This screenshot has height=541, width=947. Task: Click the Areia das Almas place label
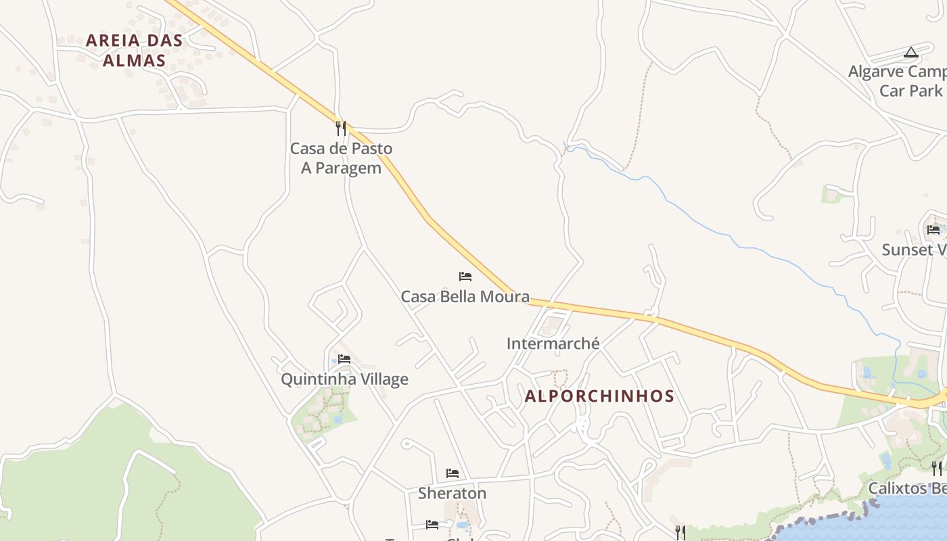[x=134, y=50]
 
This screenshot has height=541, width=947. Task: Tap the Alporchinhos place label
[x=599, y=396]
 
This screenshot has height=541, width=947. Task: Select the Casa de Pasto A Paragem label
[x=341, y=158]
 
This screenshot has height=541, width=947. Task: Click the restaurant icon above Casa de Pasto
[x=341, y=128]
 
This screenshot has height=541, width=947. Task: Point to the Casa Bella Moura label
[x=465, y=296]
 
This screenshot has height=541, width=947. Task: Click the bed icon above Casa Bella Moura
[x=465, y=276]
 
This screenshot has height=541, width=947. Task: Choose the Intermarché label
[x=553, y=344]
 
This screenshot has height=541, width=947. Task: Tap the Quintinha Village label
[x=344, y=379]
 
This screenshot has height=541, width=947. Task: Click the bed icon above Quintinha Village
[x=344, y=358]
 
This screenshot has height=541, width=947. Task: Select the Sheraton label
[x=452, y=493]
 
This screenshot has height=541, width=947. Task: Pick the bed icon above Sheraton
[x=452, y=473]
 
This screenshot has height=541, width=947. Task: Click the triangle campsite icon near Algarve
[x=911, y=52]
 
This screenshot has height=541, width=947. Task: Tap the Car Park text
[x=910, y=91]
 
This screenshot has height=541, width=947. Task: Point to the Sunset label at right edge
[x=913, y=250]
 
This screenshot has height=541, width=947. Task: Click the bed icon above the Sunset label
[x=933, y=229]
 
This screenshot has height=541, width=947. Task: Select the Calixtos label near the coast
[x=906, y=488]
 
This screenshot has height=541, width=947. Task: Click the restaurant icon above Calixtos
[x=936, y=467]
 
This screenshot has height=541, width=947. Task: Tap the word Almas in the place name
[x=134, y=60]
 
